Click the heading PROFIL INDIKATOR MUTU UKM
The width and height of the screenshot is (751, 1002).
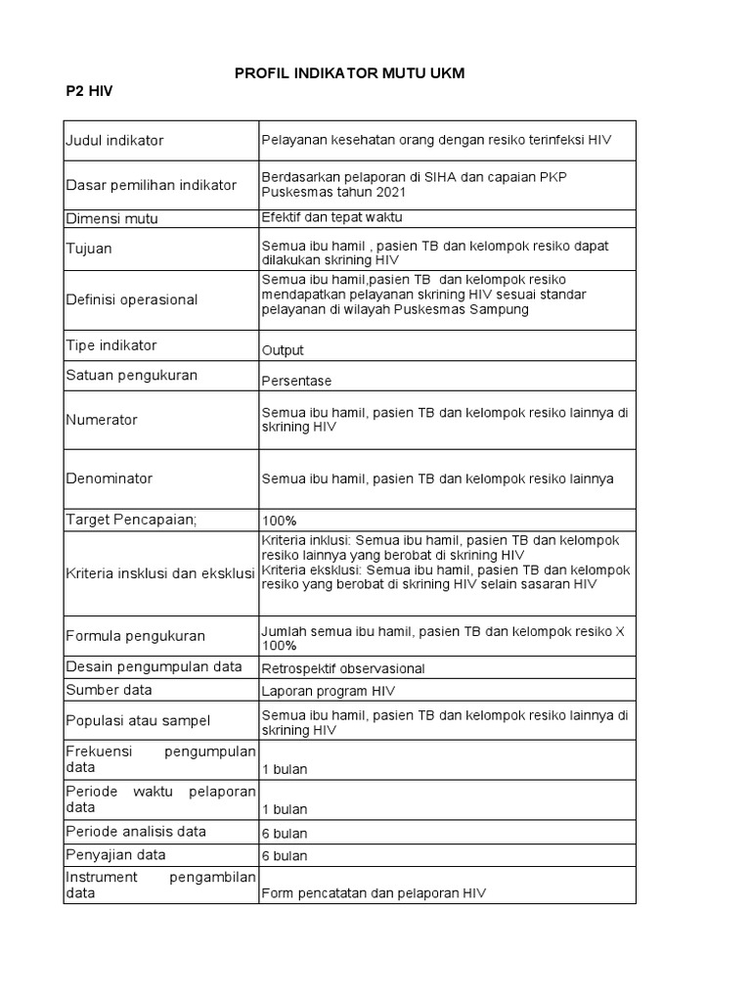[350, 74]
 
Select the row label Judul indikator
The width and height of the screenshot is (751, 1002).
[114, 140]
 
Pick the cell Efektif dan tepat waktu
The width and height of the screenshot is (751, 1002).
[331, 217]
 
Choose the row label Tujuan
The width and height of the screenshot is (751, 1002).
[89, 249]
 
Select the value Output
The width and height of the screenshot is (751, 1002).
[283, 350]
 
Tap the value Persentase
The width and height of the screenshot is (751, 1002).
[296, 381]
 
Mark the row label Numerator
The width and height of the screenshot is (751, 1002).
[102, 420]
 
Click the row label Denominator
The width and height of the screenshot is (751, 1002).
[110, 478]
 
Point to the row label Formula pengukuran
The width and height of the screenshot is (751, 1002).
[135, 635]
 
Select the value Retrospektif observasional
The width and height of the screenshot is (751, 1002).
[343, 668]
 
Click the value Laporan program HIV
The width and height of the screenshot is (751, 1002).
[328, 692]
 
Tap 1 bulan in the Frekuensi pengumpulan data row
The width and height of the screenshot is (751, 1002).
[285, 769]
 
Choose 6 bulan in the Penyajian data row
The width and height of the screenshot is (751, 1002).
[285, 855]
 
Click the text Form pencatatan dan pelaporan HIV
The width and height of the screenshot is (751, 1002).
[374, 893]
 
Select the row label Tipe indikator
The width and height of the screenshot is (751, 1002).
[110, 345]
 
